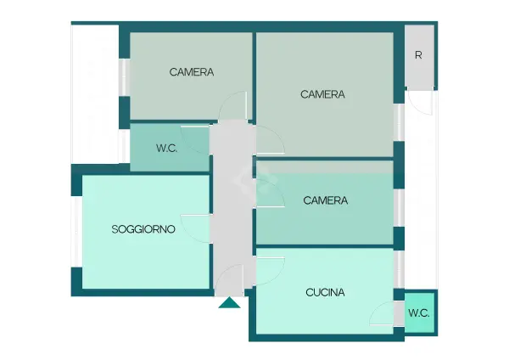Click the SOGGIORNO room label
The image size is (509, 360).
(x=143, y=229)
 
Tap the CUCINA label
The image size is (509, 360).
(x=325, y=292)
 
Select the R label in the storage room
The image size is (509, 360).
(x=418, y=55)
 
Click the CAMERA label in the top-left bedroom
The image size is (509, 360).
(x=192, y=72)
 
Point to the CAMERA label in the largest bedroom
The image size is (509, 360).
(x=322, y=94)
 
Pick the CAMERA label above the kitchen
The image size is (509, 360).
(x=325, y=200)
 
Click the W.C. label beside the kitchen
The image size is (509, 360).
(x=419, y=313)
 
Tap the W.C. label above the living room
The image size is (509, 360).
(x=167, y=148)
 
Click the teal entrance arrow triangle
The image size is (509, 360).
(x=229, y=302)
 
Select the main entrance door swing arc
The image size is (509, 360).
(x=224, y=270)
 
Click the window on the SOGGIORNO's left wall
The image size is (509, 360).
(x=76, y=232)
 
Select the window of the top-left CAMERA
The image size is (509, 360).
(x=124, y=77)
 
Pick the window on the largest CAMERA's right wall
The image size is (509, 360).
(x=399, y=122)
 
